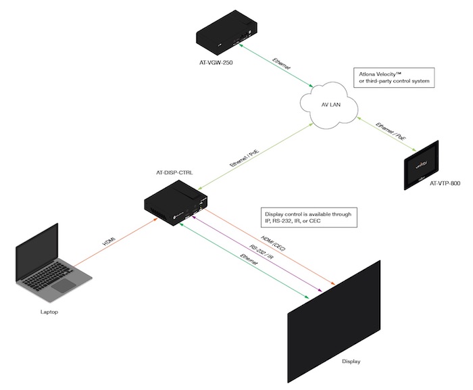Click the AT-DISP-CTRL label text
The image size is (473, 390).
pos(174,173)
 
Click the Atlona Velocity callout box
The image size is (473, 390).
pos(393,77)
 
